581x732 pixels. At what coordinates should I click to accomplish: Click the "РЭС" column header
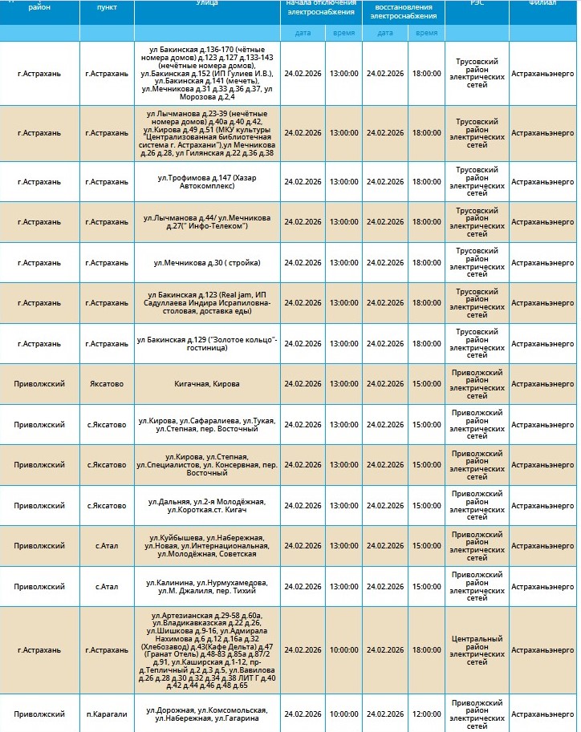[x=477, y=4]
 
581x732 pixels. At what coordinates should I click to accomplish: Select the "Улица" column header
[x=206, y=4]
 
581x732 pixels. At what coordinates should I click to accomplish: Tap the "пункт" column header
[x=106, y=6]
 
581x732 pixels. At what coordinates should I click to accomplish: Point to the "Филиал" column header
[x=543, y=4]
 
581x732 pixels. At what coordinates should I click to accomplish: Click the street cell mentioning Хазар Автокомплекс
[x=206, y=181]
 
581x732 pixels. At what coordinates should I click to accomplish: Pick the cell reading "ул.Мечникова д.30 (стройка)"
[x=206, y=262]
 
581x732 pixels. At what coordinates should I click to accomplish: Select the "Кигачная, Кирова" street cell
[x=206, y=384]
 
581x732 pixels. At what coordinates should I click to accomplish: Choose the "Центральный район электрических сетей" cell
[x=477, y=650]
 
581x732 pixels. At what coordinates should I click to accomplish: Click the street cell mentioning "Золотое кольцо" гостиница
[x=206, y=343]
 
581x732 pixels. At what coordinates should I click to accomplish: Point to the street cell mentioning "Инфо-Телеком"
[x=206, y=222]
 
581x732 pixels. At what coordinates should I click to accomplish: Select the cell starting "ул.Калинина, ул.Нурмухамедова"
[x=206, y=587]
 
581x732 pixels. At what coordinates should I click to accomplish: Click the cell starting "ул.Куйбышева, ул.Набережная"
[x=206, y=546]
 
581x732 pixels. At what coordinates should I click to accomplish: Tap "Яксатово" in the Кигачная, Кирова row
[x=106, y=384]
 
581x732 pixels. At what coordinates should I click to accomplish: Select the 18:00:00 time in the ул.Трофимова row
[x=426, y=181]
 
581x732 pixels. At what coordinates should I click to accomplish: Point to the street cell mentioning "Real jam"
[x=206, y=303]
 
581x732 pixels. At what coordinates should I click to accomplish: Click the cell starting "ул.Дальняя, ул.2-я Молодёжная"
[x=206, y=506]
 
